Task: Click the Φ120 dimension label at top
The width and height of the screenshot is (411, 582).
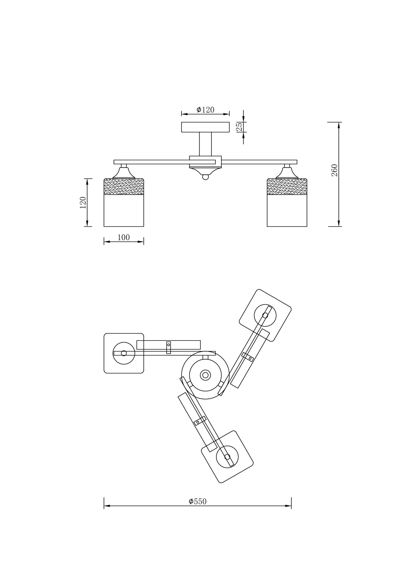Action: (x=205, y=110)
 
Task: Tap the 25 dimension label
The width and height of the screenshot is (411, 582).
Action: (x=239, y=127)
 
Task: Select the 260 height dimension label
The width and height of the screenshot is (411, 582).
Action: (x=335, y=170)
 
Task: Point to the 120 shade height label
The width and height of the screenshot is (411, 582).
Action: (x=83, y=203)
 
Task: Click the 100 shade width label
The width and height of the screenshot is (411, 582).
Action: (x=124, y=238)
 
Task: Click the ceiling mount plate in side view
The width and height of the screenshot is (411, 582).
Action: (x=205, y=127)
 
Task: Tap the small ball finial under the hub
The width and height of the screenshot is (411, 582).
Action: (x=205, y=177)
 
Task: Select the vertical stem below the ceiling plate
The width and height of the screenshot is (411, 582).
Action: (x=205, y=144)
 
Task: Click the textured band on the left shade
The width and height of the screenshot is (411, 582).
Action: (x=124, y=187)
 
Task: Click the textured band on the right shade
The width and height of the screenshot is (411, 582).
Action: (x=287, y=187)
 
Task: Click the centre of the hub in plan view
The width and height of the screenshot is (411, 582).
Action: (x=205, y=375)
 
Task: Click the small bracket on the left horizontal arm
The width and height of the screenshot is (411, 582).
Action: (x=168, y=348)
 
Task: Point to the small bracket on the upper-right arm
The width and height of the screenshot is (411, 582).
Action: (x=248, y=357)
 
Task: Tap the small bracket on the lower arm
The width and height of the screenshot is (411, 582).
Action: (x=200, y=421)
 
